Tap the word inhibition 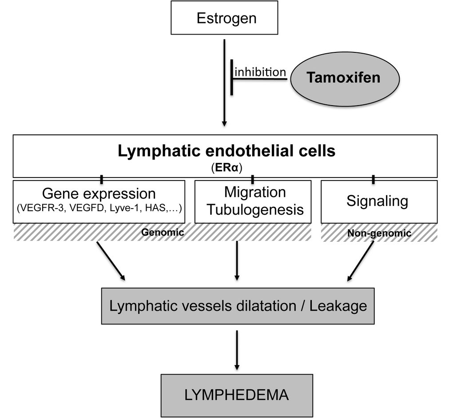[260, 72]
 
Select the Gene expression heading [99, 193]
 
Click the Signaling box [378, 201]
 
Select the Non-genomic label [379, 233]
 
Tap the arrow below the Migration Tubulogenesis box [237, 260]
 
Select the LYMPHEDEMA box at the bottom [236, 395]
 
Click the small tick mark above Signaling [373, 179]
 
